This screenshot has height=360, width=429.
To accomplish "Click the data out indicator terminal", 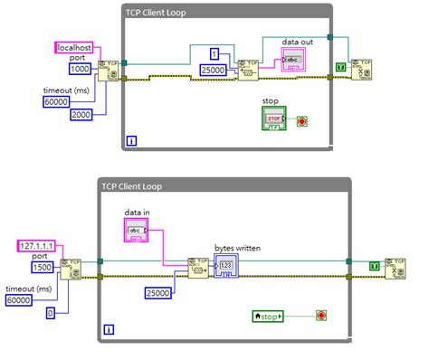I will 294,61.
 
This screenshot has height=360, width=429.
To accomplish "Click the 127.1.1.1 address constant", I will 37,246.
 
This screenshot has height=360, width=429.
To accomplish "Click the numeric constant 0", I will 50,312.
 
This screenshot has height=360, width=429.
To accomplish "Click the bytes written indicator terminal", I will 227,266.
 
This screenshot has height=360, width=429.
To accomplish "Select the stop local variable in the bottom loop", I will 269,316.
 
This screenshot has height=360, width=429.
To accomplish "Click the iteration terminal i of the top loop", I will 132,140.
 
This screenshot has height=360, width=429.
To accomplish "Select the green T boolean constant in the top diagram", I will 340,67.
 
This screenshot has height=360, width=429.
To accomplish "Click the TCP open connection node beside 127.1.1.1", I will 69,269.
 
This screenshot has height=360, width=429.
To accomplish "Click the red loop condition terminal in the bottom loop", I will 320,316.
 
